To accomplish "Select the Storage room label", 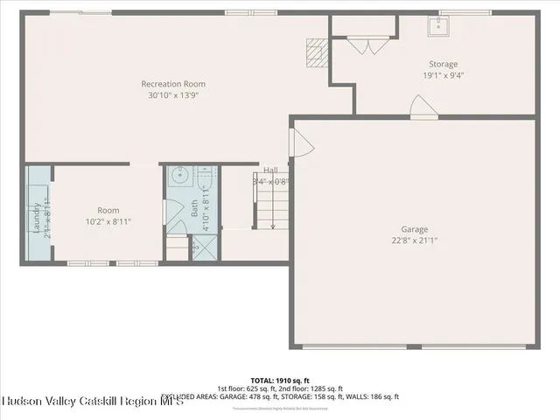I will pyautogui.click(x=443, y=64).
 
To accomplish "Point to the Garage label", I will pyautogui.click(x=415, y=229).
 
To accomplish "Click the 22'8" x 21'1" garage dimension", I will pyautogui.click(x=415, y=241).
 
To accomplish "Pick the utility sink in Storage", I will pyautogui.click(x=437, y=27).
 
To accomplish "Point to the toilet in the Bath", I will pyautogui.click(x=205, y=175).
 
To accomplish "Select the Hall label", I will pyautogui.click(x=270, y=171).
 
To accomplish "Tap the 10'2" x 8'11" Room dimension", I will pyautogui.click(x=108, y=221).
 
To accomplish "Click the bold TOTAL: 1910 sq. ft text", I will pyautogui.click(x=280, y=380).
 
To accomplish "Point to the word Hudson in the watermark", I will pyautogui.click(x=25, y=401).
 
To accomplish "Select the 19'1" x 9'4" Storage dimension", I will pyautogui.click(x=443, y=75).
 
